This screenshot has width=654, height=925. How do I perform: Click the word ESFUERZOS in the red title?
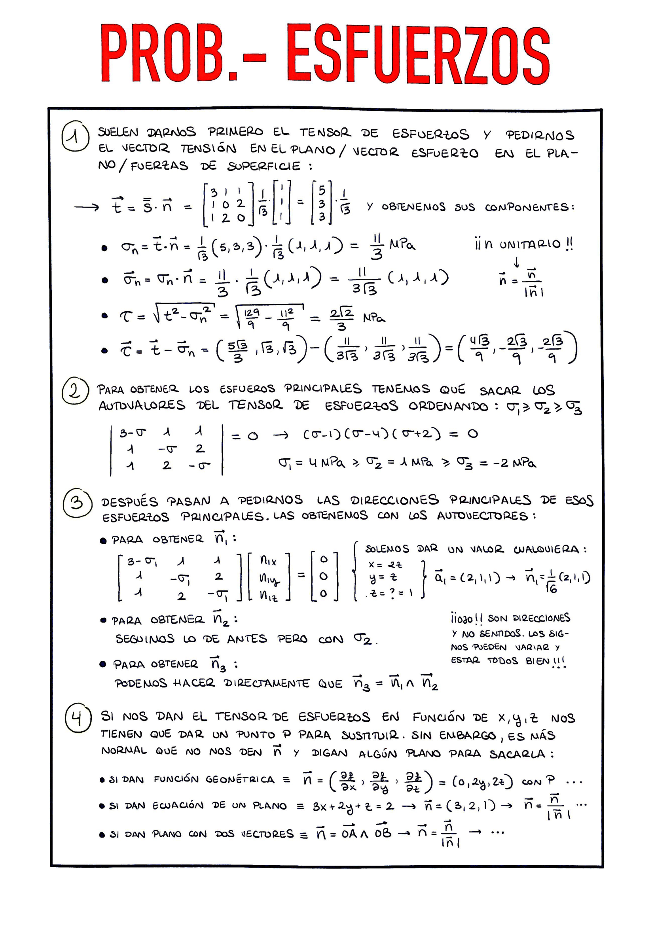(418, 53)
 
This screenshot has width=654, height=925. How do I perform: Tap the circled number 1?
(75, 137)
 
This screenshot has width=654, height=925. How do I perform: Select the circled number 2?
(75, 391)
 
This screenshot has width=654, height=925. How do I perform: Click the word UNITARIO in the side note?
(530, 244)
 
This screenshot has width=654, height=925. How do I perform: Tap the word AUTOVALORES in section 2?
(142, 405)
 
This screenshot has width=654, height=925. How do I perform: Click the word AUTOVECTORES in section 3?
(482, 516)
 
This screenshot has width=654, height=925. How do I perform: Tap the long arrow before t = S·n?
(86, 208)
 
